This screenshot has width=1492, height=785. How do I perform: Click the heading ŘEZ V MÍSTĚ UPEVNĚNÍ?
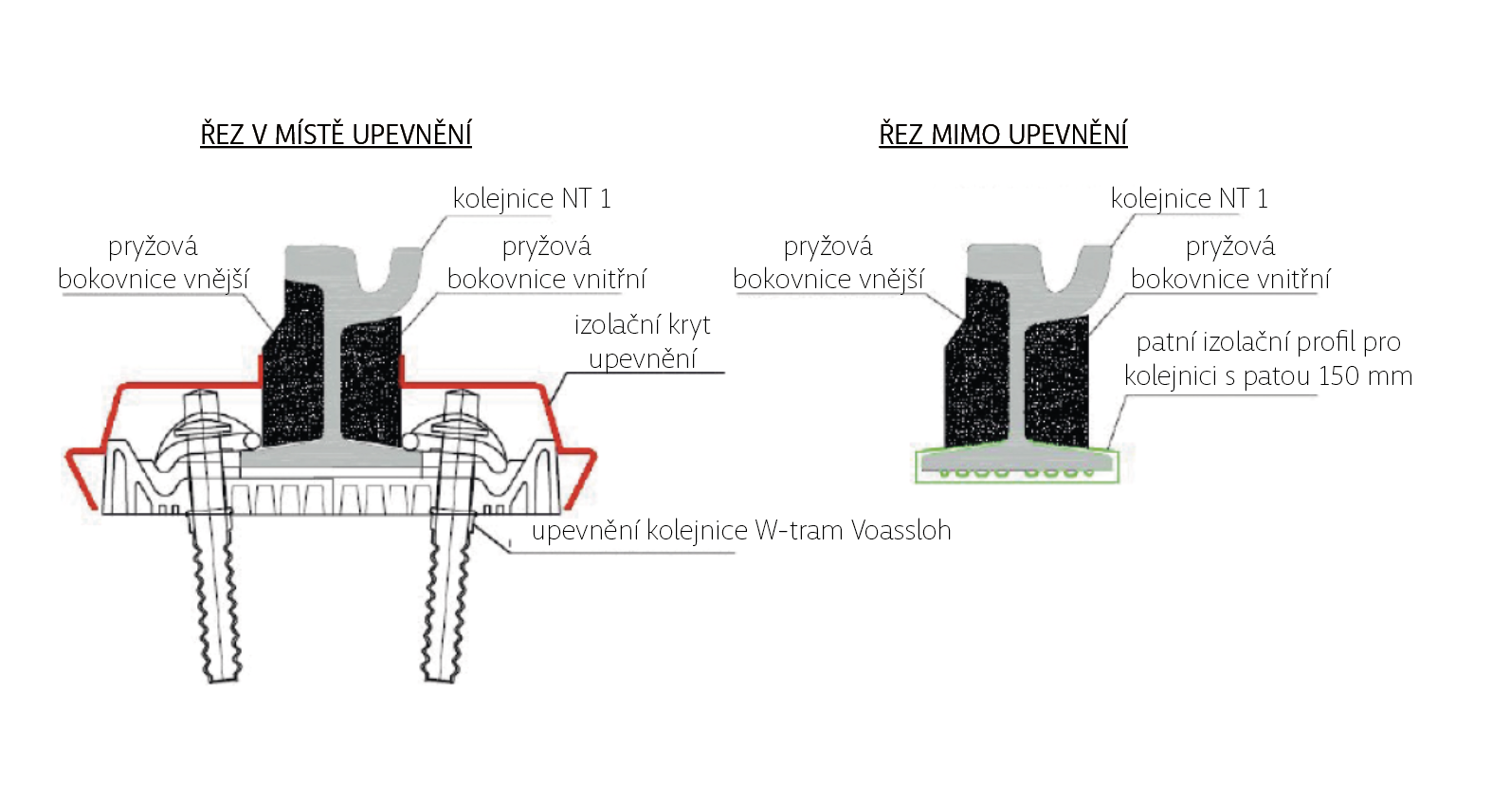pos(336,135)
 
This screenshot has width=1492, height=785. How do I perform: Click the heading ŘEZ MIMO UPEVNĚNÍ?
pos(1003,135)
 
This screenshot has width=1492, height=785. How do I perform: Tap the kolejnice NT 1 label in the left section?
pos(532,198)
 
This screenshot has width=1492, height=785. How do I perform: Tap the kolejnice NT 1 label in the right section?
pos(1189,198)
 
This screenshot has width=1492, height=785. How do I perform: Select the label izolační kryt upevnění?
pos(643,341)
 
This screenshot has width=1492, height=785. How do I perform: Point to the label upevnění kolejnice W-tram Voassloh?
pos(740,530)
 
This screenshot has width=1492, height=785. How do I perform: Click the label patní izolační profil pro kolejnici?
pos(1268,358)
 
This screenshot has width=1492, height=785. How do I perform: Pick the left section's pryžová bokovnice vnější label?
pos(153,263)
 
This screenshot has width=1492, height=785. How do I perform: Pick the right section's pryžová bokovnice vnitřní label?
pos(1229,263)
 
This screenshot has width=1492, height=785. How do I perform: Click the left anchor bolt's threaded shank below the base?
pos(218,597)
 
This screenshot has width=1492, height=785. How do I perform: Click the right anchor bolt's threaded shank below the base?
pos(446,597)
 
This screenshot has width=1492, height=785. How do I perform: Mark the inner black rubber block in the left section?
pos(370,379)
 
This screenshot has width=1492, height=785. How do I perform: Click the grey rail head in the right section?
pos(1005,261)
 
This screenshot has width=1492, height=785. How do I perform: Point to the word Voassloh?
pos(901,530)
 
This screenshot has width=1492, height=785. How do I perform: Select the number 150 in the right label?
pos(1338,375)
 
